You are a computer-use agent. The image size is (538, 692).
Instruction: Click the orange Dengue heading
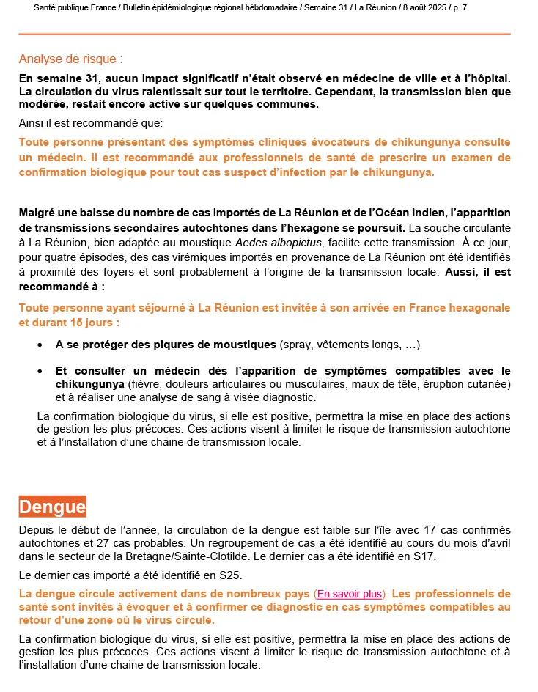[52, 507]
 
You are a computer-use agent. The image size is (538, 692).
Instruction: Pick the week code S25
[232, 575]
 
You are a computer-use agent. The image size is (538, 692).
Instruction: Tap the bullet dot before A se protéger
[40, 345]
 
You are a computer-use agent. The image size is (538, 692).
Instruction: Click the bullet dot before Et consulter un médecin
[40, 371]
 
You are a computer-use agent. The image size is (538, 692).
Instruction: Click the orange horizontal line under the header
[264, 34]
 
